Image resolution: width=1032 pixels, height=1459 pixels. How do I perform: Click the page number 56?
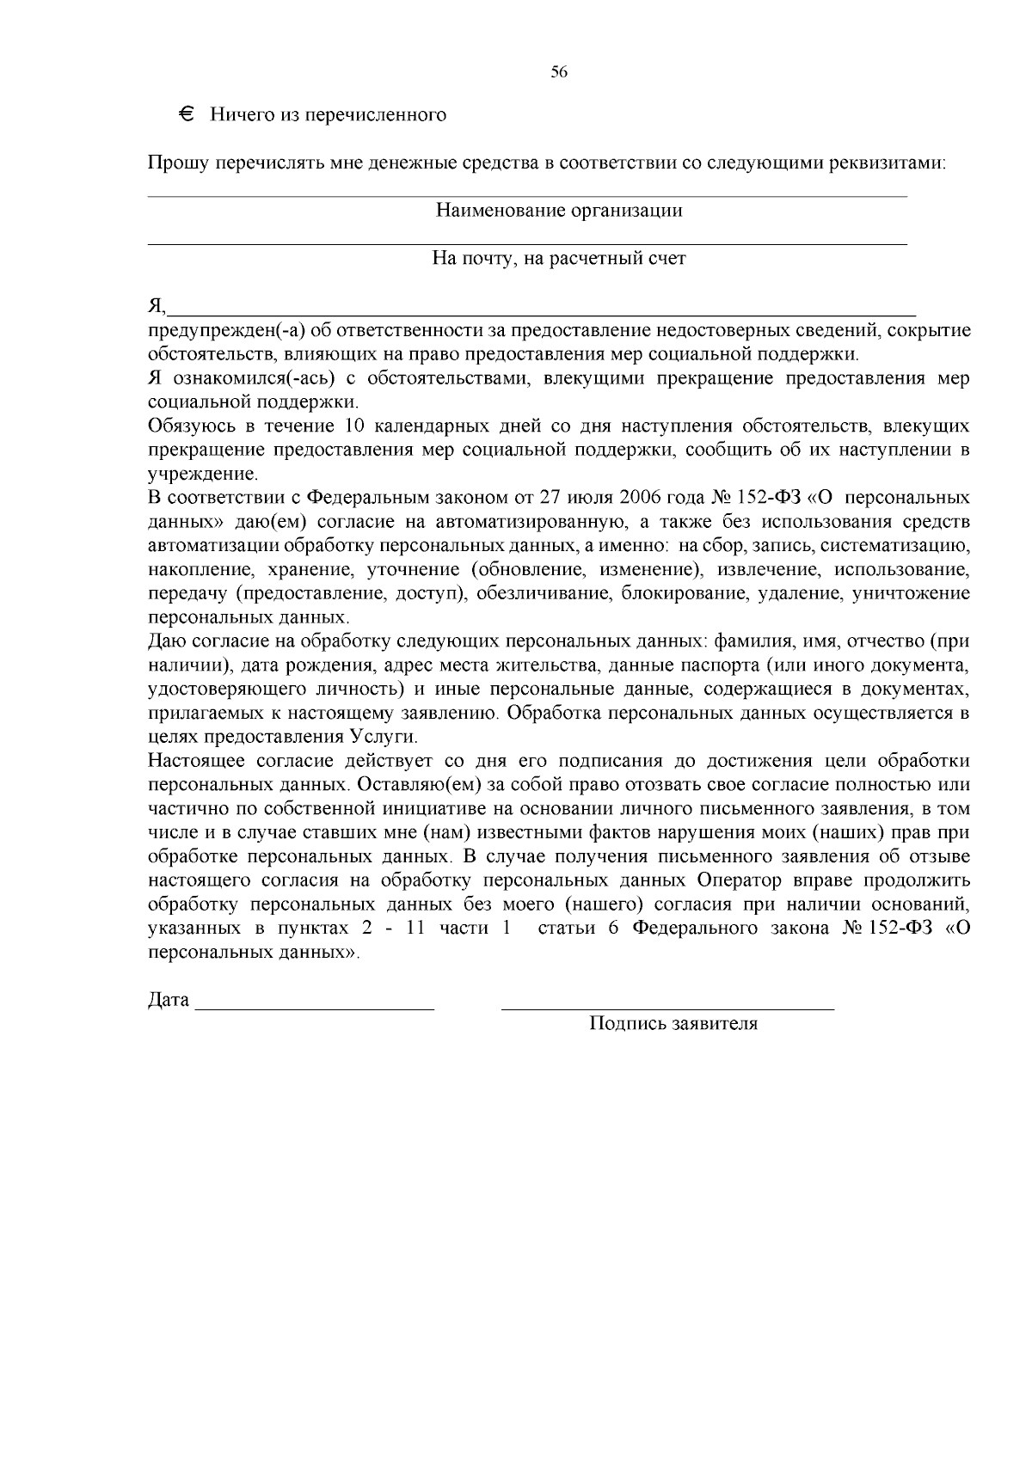click(559, 73)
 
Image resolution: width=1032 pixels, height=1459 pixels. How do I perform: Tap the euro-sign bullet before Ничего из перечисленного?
click(187, 114)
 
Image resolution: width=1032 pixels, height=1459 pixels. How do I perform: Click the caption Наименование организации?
click(559, 211)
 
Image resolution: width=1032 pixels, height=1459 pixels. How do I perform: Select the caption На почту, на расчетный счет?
click(559, 259)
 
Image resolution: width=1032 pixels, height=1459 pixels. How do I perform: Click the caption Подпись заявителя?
click(673, 1024)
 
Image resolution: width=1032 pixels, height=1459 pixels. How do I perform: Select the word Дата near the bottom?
click(169, 1001)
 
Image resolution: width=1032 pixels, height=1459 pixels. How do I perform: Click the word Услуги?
click(383, 737)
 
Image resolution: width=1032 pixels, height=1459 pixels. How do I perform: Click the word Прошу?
click(175, 163)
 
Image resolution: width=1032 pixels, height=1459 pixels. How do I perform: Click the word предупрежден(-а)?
click(227, 331)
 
